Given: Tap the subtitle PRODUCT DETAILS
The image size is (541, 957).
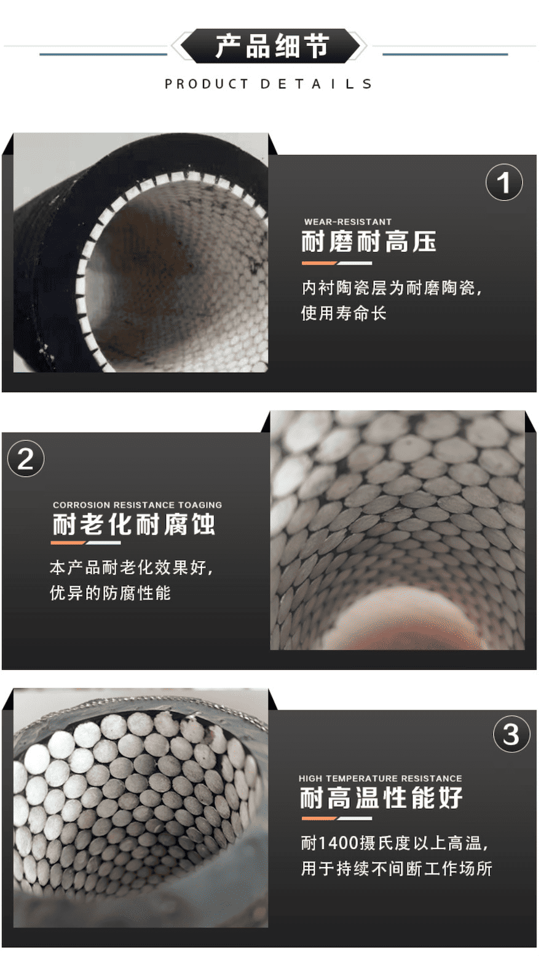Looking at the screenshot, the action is pos(269,84).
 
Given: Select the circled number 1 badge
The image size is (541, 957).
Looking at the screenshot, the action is pos(504,183).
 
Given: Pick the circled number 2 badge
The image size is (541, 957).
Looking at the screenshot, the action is pos(26,458).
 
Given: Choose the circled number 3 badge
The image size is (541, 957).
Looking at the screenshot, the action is pos(511,734).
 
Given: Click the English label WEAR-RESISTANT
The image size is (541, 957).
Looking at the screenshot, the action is pos(347,222).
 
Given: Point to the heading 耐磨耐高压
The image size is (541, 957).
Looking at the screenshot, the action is pos(369,241).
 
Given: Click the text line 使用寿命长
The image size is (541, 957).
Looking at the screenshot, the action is pos(344,313).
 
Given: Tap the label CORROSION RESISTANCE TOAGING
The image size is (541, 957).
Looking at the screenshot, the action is pos(138,504).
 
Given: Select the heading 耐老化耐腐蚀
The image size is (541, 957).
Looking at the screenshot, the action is pos(134,524).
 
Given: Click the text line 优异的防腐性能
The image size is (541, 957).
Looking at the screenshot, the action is pos(110,592).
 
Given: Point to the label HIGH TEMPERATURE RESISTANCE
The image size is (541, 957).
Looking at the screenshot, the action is pos(381,778).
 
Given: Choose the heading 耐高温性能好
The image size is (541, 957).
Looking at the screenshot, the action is pos(381,798).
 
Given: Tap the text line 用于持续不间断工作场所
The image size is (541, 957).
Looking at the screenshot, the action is pos(397,868).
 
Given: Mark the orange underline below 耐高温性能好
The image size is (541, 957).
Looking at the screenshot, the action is pos(319,818).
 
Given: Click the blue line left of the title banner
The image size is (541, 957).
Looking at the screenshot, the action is pos(103,54).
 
